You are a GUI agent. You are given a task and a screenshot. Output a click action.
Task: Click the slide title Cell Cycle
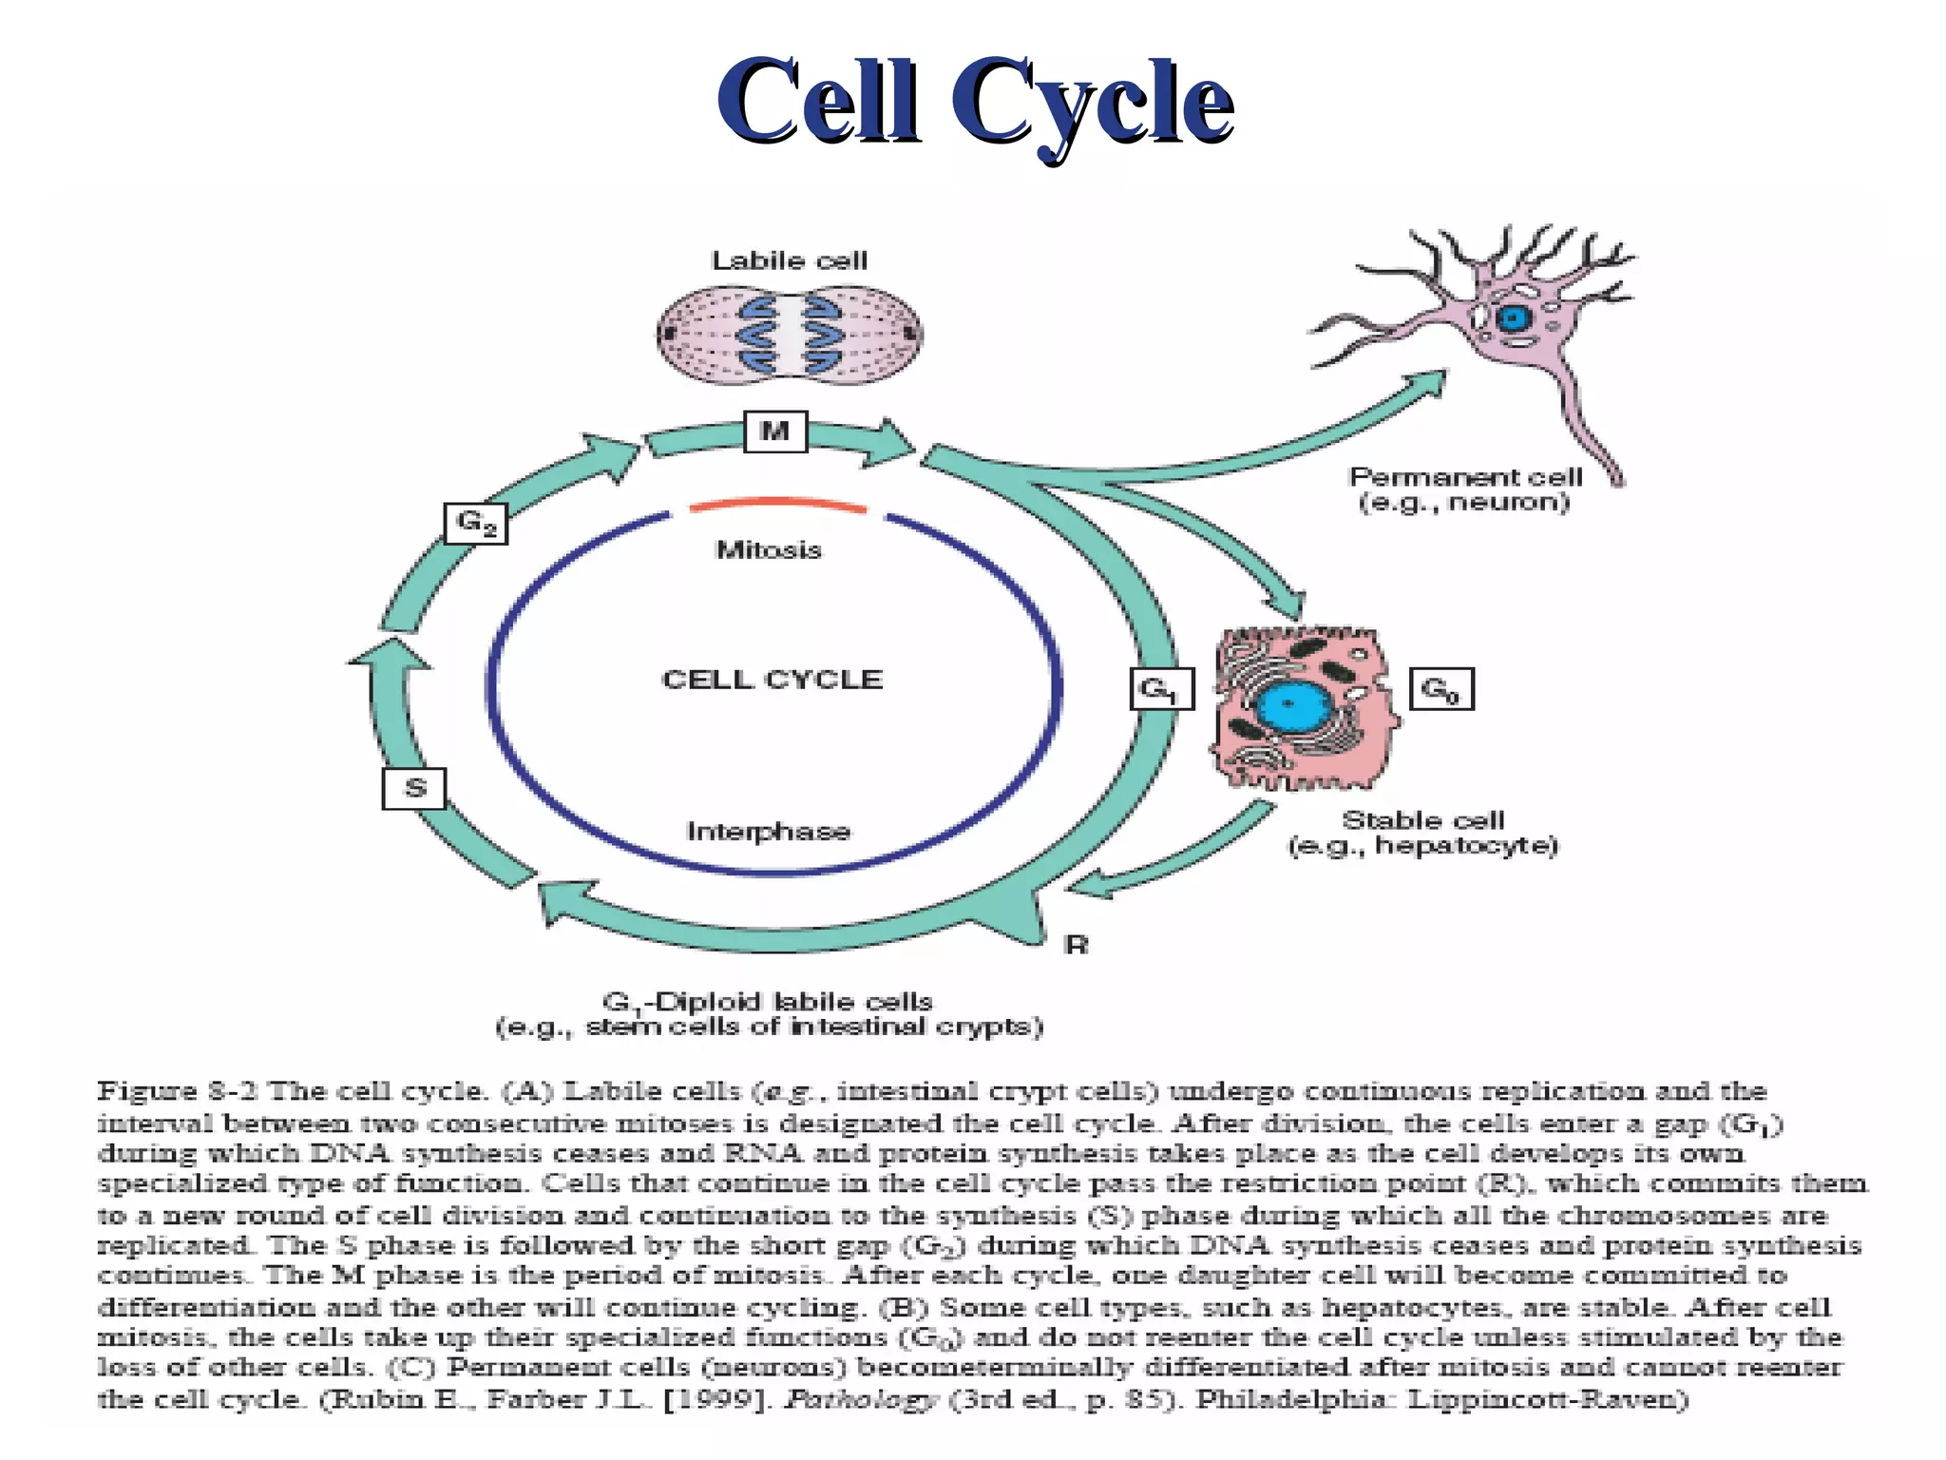[x=974, y=103]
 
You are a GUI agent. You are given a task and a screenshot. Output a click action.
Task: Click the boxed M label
[x=775, y=432]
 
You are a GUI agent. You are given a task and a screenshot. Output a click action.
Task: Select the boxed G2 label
[x=476, y=523]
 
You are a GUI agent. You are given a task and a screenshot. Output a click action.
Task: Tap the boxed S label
[x=414, y=789]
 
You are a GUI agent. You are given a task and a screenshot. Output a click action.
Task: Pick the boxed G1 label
[x=1160, y=689]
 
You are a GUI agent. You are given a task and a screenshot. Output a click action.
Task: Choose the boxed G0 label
[x=1440, y=689]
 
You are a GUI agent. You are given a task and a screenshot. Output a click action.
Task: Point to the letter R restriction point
[x=1076, y=945]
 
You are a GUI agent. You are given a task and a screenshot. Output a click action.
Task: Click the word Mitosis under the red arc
[x=768, y=550]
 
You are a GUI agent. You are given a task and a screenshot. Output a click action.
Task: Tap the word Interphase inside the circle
[x=768, y=832]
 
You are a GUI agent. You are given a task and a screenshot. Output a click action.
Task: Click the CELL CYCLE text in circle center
[x=772, y=680]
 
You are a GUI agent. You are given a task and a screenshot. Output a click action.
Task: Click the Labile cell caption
[x=789, y=260]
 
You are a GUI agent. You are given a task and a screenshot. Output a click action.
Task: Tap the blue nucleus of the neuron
[x=1511, y=318]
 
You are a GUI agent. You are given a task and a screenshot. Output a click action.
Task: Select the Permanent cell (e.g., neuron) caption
[x=1464, y=490]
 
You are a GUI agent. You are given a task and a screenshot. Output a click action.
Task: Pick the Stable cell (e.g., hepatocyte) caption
[x=1422, y=833]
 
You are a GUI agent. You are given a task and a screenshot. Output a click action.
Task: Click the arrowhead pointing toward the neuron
[x=1425, y=385]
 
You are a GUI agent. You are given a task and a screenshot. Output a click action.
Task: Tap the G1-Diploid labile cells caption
[x=770, y=1014]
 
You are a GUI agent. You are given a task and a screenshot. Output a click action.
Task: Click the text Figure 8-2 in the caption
[x=178, y=1090]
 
